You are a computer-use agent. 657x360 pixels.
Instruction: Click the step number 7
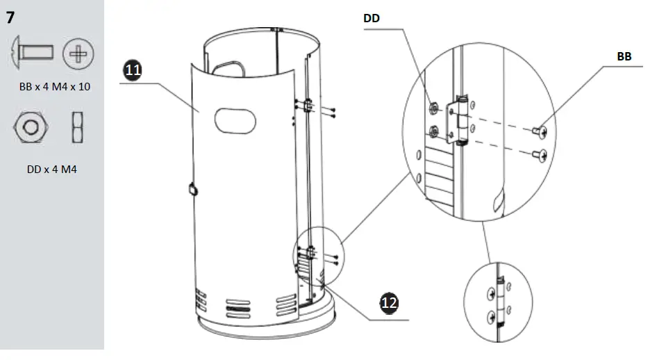point(10,17)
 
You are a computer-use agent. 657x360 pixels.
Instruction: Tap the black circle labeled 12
point(390,303)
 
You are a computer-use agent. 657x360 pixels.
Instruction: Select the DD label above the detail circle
point(373,19)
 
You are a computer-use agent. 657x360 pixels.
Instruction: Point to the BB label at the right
point(624,57)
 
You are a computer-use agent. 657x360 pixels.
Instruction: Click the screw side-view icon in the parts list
point(32,53)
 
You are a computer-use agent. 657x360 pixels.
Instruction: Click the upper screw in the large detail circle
point(540,131)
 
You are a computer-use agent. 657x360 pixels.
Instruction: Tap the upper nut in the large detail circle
point(433,108)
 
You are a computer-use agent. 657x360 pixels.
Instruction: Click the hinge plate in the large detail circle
point(458,120)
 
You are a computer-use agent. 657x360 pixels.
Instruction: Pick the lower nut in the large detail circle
point(434,129)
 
